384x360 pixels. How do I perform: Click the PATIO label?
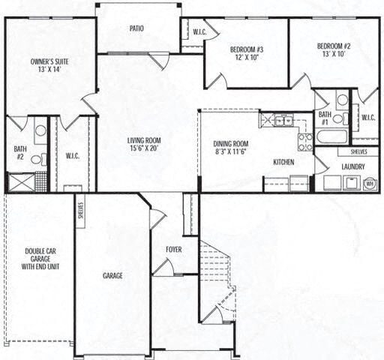pyautogui.click(x=136, y=29)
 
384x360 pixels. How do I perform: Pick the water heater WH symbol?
pyautogui.click(x=370, y=183)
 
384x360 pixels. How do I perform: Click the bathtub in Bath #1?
pyautogui.click(x=331, y=136)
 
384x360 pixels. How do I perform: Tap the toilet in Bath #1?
pyautogui.click(x=338, y=118)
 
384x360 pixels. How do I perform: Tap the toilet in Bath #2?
pyautogui.click(x=37, y=158)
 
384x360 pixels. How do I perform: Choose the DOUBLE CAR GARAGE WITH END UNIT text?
pyautogui.click(x=37, y=259)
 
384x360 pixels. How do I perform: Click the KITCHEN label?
pyautogui.click(x=283, y=162)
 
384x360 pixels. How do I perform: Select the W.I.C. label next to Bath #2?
pyautogui.click(x=73, y=155)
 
